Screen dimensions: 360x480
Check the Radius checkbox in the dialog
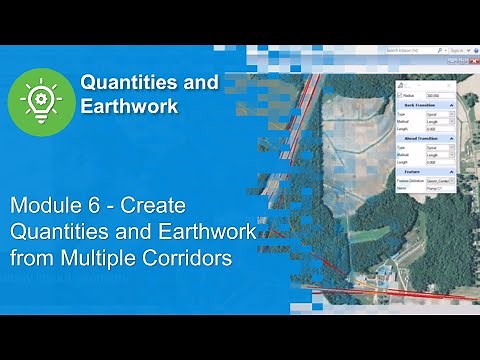tap(400, 97)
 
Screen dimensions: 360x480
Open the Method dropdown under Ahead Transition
tap(438, 155)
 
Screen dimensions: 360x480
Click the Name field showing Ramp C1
tap(438, 187)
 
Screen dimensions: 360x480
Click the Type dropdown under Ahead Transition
tap(438, 146)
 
